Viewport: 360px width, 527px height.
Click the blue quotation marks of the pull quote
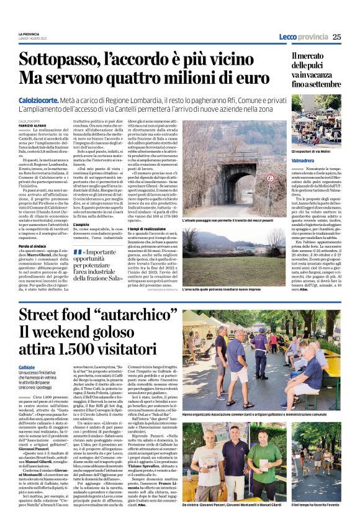point(78,251)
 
